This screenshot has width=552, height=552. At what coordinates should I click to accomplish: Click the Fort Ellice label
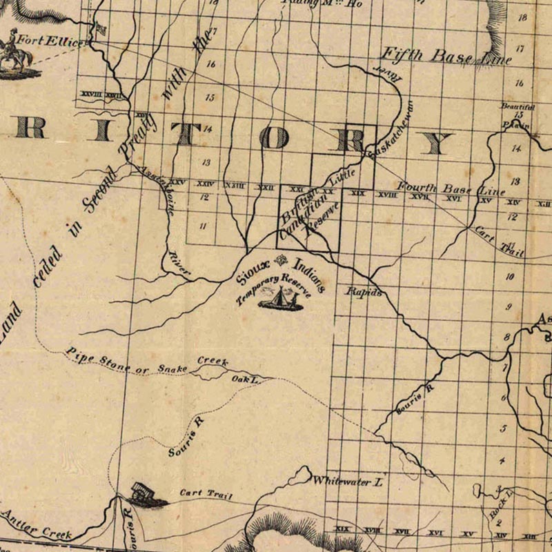tap(54, 41)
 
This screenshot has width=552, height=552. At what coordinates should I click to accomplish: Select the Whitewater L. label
tap(348, 482)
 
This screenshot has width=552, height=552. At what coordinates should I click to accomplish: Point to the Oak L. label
tap(244, 379)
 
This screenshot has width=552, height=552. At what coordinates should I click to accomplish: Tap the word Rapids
tap(364, 293)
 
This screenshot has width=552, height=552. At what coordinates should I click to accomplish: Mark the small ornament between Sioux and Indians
tap(280, 261)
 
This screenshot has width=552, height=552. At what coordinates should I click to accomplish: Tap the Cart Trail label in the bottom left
tap(206, 495)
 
